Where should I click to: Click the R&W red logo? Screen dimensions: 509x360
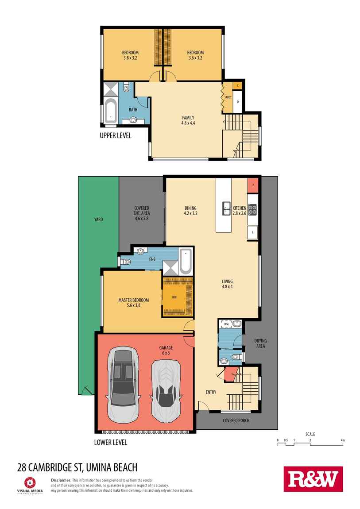[313, 479]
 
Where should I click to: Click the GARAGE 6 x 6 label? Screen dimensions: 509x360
[166, 351]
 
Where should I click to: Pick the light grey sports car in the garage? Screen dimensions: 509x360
[166, 389]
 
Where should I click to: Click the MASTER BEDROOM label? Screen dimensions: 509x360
[133, 302]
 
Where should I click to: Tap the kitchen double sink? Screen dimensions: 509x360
[226, 208]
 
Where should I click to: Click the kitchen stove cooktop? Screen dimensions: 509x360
[253, 209]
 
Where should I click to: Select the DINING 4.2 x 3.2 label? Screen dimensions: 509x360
[190, 211]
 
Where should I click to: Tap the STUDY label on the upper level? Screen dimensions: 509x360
[228, 97]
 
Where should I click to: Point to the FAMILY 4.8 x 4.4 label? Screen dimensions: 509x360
[188, 120]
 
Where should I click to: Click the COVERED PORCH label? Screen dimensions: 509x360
[237, 420]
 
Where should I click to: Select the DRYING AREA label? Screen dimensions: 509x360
[260, 343]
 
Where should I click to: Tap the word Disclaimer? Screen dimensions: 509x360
[61, 480]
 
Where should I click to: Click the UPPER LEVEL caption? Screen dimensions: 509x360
[116, 136]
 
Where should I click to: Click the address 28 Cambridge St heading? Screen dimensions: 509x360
[77, 467]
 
